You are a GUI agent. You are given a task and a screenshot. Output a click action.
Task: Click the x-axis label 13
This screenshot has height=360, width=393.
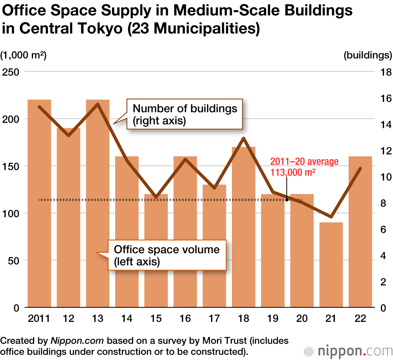tap(97, 318)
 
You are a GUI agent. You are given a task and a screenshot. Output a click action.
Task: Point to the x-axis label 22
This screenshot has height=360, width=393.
tap(360, 318)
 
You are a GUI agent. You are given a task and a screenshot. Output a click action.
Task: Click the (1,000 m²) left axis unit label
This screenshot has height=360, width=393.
tap(24, 55)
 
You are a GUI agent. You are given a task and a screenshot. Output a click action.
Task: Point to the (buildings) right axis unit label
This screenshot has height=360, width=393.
tap(367, 55)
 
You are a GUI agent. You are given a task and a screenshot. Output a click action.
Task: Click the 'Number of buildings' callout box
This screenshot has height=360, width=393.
tap(185, 114)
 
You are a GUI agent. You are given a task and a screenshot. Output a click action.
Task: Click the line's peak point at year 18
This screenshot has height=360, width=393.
tap(244, 138)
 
